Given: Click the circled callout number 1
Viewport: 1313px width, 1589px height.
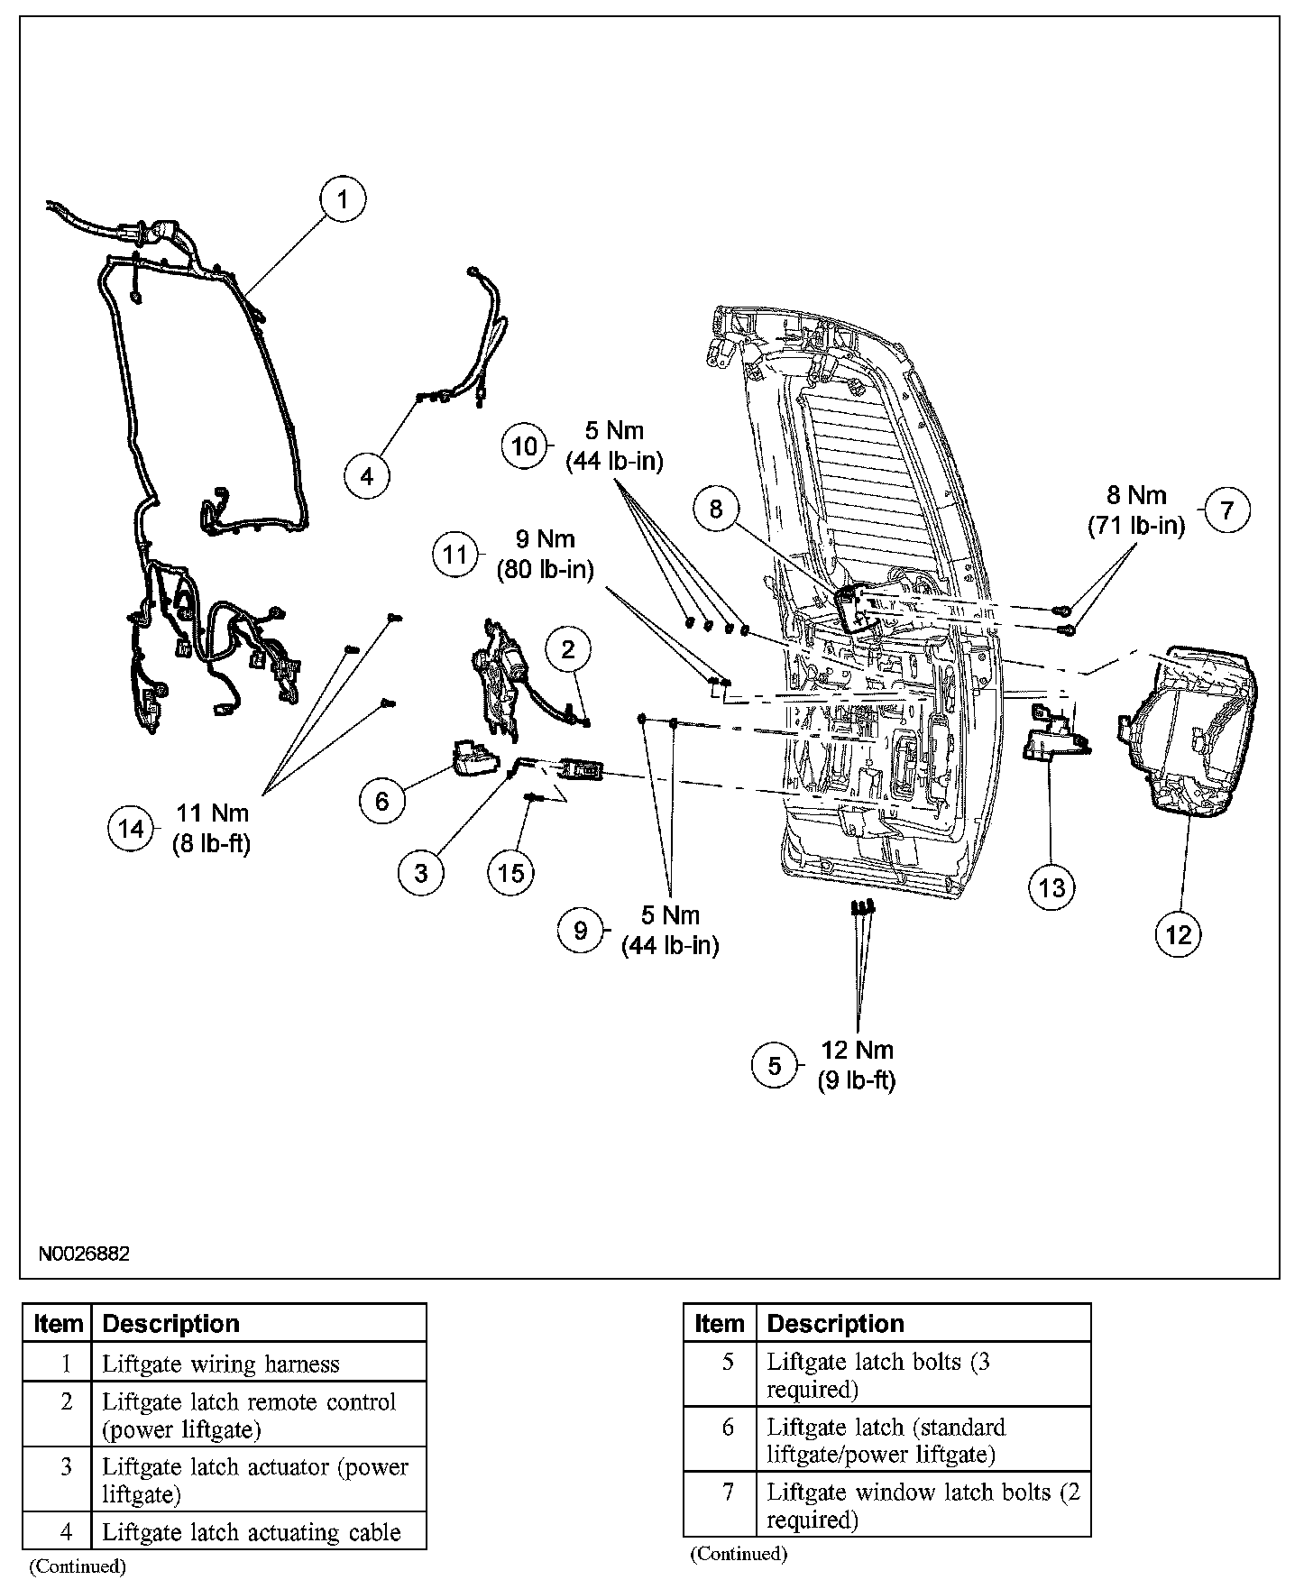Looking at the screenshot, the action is (x=342, y=199).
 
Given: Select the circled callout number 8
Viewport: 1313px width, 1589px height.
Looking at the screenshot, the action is (x=716, y=510).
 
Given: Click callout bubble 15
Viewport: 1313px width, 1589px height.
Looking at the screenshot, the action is (x=511, y=872).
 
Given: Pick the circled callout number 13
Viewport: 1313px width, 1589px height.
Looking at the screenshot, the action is (x=1051, y=888).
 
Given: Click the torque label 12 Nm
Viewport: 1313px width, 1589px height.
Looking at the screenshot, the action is (x=857, y=1051).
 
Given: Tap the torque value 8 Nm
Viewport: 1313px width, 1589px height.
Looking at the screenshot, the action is (x=1136, y=495).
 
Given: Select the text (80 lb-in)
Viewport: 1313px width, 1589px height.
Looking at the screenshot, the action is (x=545, y=570).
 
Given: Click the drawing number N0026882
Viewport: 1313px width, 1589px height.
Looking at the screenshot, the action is (x=84, y=1254).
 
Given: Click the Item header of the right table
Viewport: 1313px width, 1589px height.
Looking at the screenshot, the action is (x=720, y=1323).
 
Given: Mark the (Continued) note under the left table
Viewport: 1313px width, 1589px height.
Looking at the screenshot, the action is (x=78, y=1566).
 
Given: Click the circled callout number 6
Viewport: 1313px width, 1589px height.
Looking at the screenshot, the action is (x=382, y=800).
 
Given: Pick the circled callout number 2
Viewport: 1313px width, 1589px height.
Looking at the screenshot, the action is (x=568, y=650).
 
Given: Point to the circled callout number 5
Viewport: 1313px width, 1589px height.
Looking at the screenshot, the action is (x=775, y=1065).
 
